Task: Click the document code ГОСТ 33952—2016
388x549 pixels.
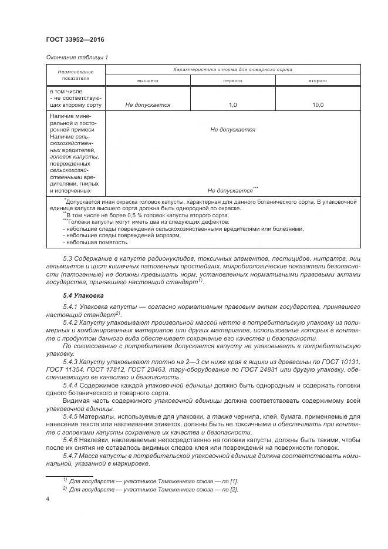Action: (71, 40)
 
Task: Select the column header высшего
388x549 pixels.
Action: (148, 80)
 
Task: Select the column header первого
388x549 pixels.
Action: (232, 80)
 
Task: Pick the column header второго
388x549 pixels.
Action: (318, 80)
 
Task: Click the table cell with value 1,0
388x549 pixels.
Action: (232, 105)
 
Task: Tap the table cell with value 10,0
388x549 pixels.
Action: (318, 105)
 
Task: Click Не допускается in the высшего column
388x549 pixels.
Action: (148, 105)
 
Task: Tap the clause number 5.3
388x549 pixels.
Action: (67, 258)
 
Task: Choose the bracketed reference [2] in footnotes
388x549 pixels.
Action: (234, 489)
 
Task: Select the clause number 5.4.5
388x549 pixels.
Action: (71, 416)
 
